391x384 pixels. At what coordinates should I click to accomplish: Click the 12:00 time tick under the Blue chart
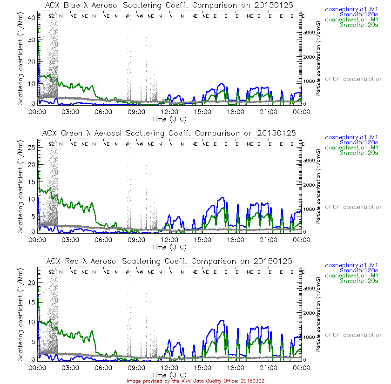point(169,112)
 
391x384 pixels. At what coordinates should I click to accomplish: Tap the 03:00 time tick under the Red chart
point(70,368)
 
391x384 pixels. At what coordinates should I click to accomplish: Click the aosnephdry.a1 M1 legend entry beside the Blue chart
point(354,9)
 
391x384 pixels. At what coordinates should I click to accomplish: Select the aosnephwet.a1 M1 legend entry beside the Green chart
point(354,148)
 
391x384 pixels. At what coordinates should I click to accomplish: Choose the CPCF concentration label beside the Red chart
point(353,335)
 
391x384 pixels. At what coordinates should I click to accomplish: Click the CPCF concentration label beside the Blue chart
point(353,79)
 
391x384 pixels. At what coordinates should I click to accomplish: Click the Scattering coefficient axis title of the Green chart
point(21,185)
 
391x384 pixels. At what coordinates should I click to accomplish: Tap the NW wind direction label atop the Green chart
point(140,144)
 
